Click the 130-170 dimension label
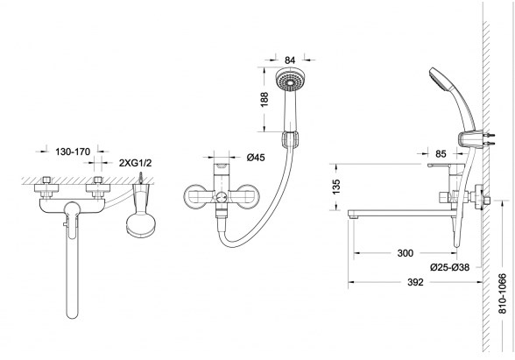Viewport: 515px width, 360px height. pos(72,152)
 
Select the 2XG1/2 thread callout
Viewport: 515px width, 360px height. pos(135,163)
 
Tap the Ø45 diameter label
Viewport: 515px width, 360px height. pos(256,158)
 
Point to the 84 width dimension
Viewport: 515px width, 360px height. pos(290,60)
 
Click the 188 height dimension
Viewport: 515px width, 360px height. pos(265,99)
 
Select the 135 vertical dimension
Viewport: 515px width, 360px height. pos(336,187)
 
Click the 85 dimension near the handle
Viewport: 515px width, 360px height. pos(441,153)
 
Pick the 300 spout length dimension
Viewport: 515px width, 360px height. pos(406,253)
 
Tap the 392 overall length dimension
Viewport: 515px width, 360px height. pos(415,282)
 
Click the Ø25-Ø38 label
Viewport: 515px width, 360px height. pos(449,267)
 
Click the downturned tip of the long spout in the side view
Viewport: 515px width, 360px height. pos(353,215)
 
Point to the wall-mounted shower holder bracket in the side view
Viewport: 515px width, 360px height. pos(470,139)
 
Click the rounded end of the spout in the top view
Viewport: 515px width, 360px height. pos(72,313)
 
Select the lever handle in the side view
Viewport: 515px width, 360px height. pos(446,166)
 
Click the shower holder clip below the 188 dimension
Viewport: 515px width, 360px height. pos(290,139)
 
